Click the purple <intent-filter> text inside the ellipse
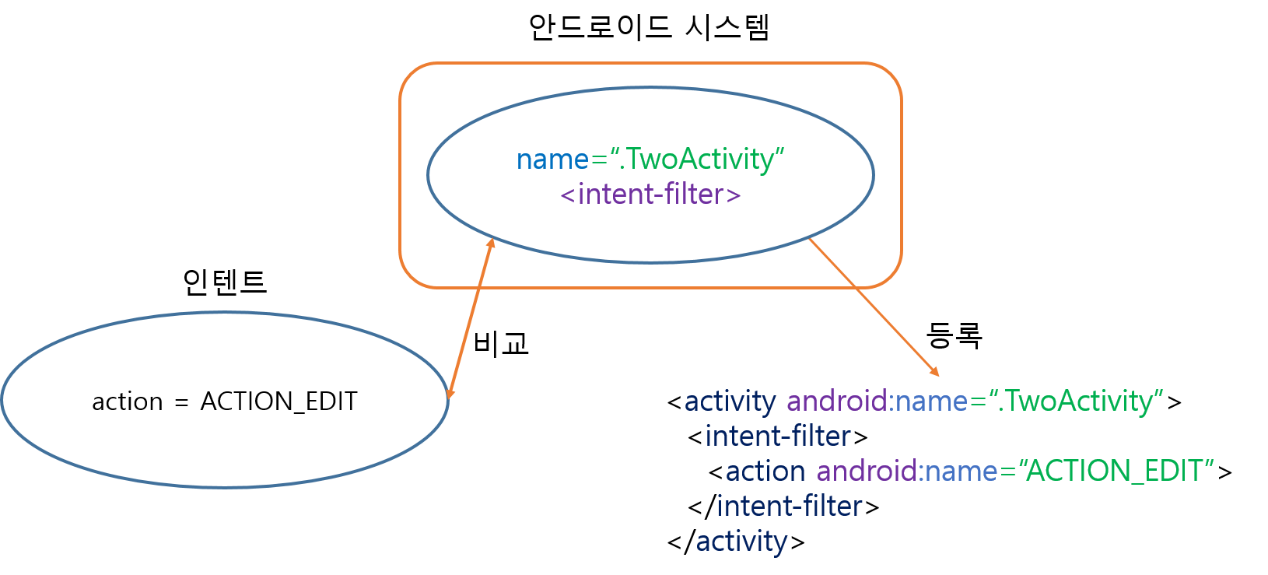coord(650,194)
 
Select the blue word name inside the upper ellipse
coord(552,159)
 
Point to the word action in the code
coord(765,471)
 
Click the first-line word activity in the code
coord(730,401)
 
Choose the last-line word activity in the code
coord(741,541)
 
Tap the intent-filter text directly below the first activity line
coord(778,437)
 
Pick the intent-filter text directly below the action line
coord(790,506)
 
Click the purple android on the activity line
coord(836,401)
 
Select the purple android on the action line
coord(867,471)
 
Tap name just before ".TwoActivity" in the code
coord(931,401)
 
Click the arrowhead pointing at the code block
coord(934,371)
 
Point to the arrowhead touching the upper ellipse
coord(490,244)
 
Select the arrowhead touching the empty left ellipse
coord(450,392)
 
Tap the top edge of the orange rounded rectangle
coord(650,63)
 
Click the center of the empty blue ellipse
coord(225,400)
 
